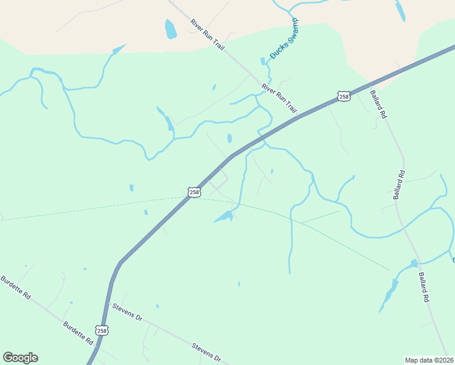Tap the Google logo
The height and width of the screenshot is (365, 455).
pyautogui.click(x=20, y=358)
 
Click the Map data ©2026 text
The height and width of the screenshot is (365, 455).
pyautogui.click(x=429, y=360)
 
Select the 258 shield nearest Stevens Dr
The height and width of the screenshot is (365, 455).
pyautogui.click(x=102, y=330)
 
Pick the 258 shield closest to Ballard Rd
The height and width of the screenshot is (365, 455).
pyautogui.click(x=344, y=96)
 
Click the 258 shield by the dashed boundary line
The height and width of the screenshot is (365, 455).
pyautogui.click(x=193, y=192)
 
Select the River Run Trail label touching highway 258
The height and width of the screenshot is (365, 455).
pyautogui.click(x=279, y=99)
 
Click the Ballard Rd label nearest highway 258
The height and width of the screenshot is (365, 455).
pyautogui.click(x=378, y=104)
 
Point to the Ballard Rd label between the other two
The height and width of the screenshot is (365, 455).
pyautogui.click(x=399, y=185)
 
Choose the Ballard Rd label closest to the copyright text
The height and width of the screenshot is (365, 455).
pyautogui.click(x=424, y=288)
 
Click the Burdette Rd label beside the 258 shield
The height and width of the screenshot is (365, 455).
pyautogui.click(x=77, y=333)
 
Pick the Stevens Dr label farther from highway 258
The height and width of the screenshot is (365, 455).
pyautogui.click(x=206, y=352)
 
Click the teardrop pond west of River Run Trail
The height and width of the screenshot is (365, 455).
pyautogui.click(x=170, y=28)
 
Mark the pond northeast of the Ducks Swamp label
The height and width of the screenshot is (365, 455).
pyautogui.click(x=399, y=10)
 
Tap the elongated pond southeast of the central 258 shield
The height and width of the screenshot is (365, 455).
pyautogui.click(x=224, y=217)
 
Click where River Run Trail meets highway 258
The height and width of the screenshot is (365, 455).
pyautogui.click(x=297, y=116)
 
